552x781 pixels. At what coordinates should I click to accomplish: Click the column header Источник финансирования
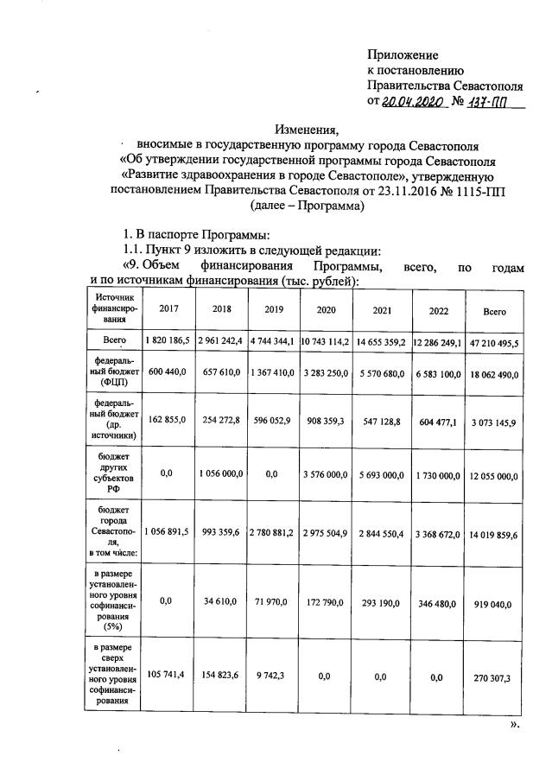coord(111,306)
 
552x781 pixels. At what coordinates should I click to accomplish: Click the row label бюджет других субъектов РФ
coord(111,473)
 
